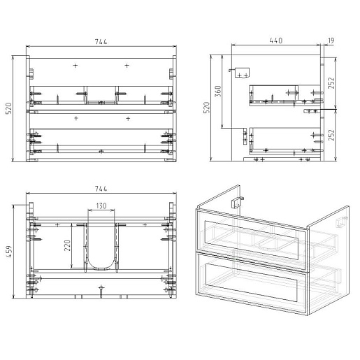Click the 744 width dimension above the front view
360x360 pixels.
101,42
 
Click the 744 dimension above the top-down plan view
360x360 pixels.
101,189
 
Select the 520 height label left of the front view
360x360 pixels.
8,108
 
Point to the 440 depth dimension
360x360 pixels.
276,41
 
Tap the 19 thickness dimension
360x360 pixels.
331,41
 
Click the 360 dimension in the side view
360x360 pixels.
217,92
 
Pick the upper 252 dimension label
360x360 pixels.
331,82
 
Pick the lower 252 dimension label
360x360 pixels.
331,135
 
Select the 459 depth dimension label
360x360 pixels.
9,252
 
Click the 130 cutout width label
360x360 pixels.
101,206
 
